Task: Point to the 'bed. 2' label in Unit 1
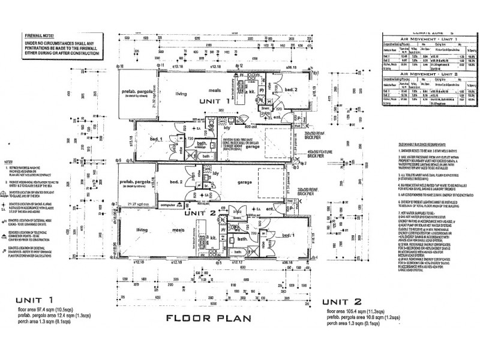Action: tap(290, 90)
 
